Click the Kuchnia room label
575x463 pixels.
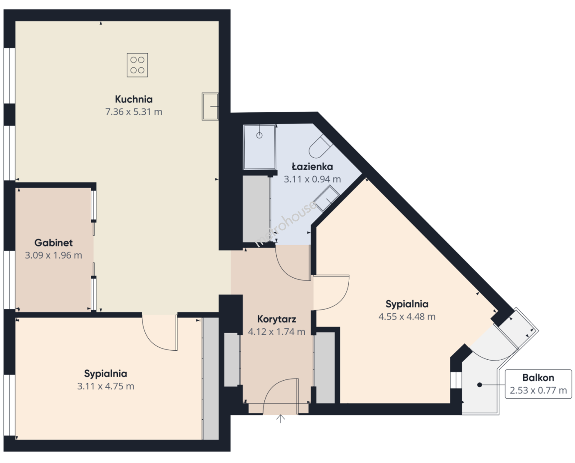(x=134, y=99)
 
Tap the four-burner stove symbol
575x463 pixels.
(x=138, y=65)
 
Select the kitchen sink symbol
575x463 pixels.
(x=210, y=106)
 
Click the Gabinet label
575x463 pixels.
(x=54, y=243)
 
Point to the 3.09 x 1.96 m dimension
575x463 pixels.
(x=54, y=255)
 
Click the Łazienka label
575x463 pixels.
(x=312, y=166)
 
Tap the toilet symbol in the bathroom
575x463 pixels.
(x=320, y=147)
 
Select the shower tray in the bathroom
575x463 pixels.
(x=260, y=147)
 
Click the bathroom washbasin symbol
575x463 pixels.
(x=326, y=198)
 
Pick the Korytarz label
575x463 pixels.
(x=276, y=319)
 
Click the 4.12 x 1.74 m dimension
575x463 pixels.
(x=276, y=332)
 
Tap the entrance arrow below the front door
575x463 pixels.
(x=280, y=418)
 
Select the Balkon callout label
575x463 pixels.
(x=538, y=378)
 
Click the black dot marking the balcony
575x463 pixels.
(x=479, y=385)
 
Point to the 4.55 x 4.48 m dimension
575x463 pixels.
(x=407, y=317)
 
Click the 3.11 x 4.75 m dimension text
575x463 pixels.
(x=105, y=386)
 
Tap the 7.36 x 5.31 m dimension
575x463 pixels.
(x=134, y=112)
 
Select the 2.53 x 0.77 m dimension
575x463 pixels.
(x=538, y=390)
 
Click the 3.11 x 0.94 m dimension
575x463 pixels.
(x=312, y=179)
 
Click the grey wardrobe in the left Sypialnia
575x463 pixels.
(x=210, y=378)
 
